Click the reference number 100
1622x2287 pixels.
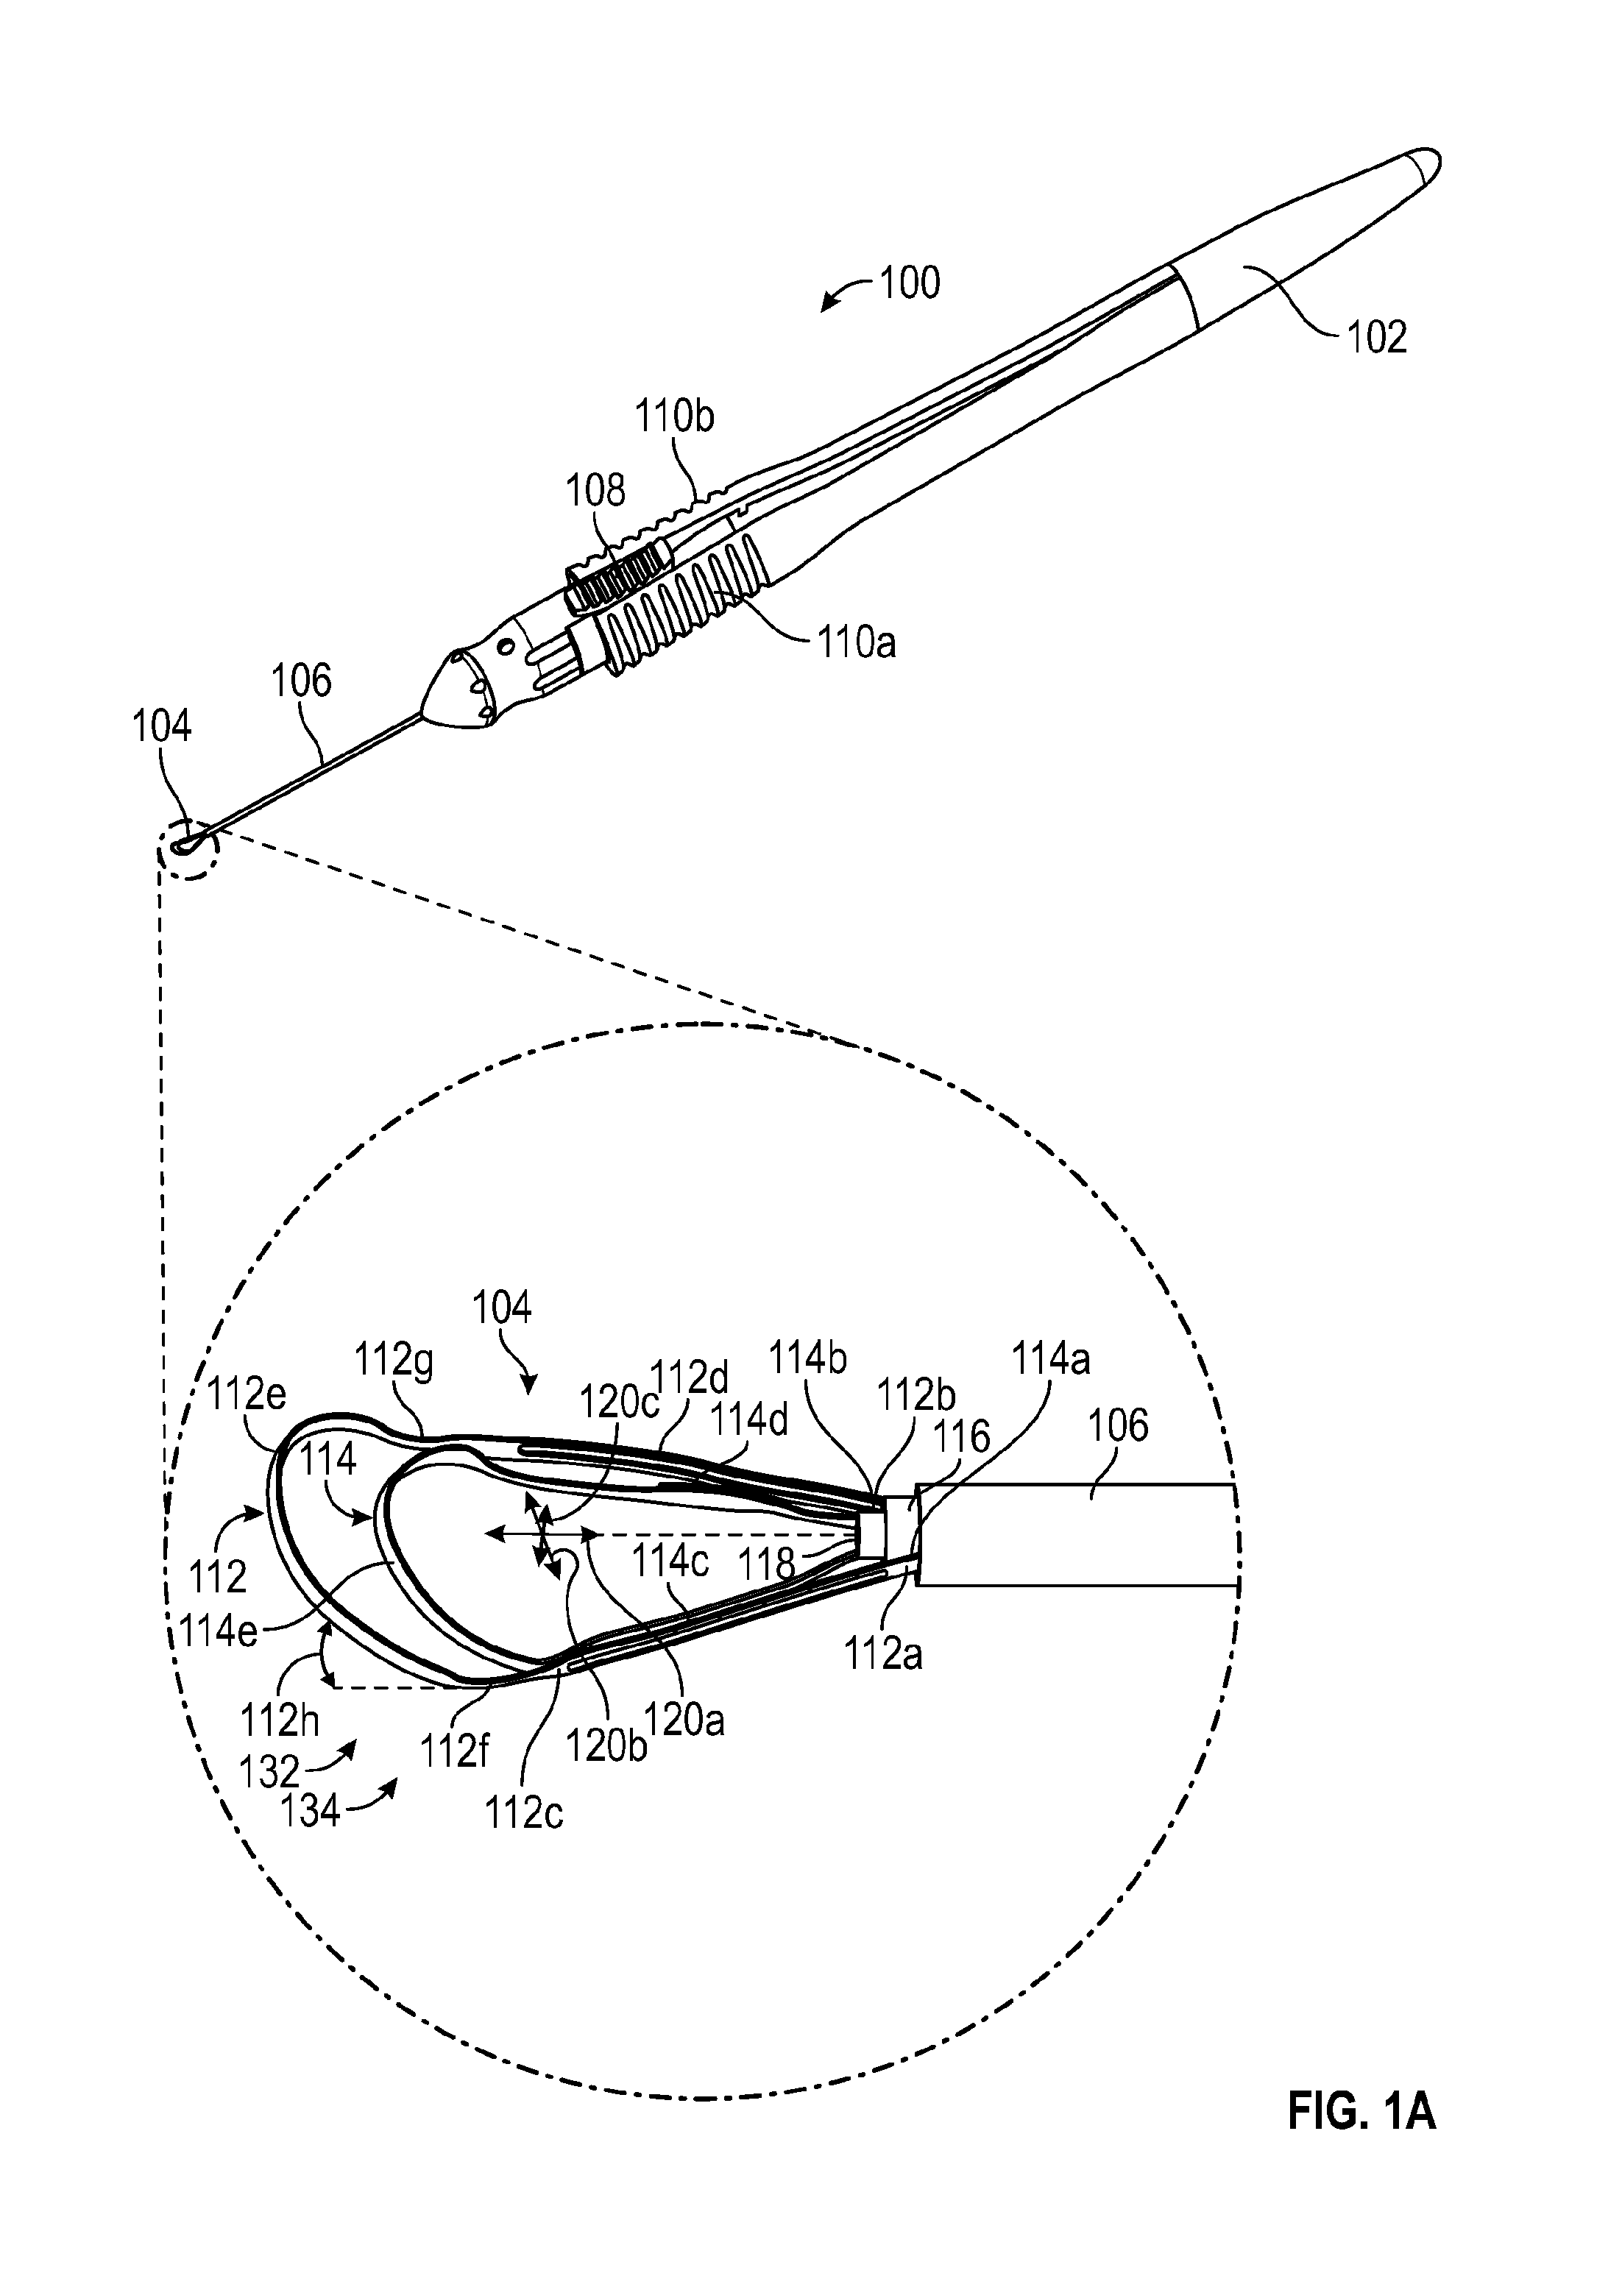pos(910,283)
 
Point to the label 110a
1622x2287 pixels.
pos(857,642)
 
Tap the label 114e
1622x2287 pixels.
pos(219,1634)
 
